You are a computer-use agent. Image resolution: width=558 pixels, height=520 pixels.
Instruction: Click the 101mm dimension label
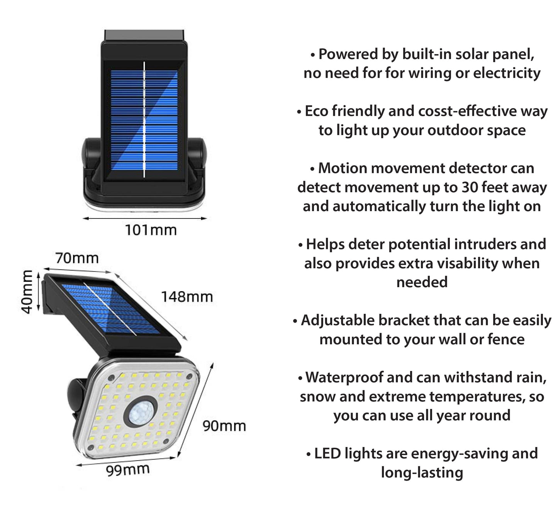tap(151, 230)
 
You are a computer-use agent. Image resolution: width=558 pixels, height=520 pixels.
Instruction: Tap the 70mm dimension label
tap(77, 258)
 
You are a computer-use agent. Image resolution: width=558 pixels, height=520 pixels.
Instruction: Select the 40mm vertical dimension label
tap(27, 292)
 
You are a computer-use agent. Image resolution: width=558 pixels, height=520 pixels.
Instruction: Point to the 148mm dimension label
tap(187, 297)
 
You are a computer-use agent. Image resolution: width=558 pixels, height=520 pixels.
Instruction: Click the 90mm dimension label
tap(224, 426)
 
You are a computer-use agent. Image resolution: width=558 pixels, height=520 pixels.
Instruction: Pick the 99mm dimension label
tap(128, 470)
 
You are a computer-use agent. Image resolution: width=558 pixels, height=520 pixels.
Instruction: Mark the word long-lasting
tap(422, 473)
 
